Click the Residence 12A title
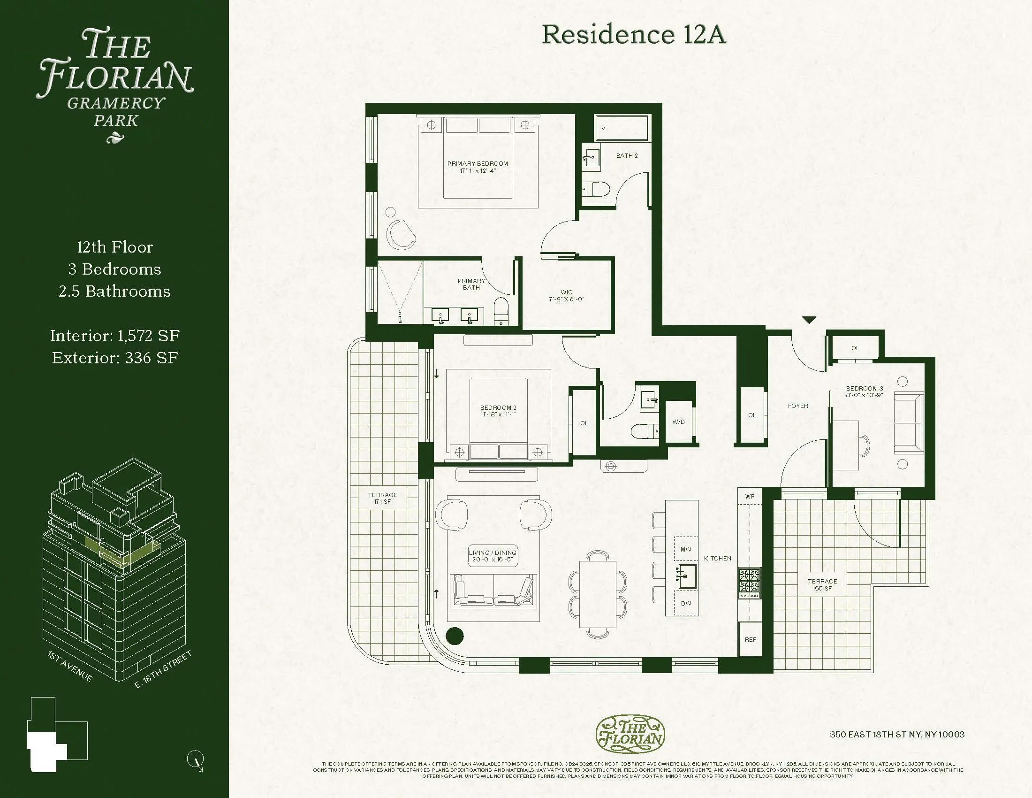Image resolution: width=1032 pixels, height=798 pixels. tap(633, 35)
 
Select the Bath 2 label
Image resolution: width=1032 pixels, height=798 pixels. tap(627, 155)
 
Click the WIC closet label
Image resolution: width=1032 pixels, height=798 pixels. tap(567, 295)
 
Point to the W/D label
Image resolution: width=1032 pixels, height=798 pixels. tap(679, 422)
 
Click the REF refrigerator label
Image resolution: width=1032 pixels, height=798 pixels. tap(751, 639)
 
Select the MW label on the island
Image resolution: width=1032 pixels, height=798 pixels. tap(686, 549)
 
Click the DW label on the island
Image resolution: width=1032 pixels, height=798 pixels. tap(686, 603)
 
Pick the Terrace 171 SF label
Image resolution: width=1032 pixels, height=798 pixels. tap(383, 498)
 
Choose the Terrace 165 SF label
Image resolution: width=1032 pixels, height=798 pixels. tap(822, 585)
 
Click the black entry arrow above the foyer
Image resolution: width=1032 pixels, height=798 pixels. tap(810, 320)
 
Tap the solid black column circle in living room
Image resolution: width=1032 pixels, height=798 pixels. tap(455, 636)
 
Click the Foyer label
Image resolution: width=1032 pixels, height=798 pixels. tap(798, 406)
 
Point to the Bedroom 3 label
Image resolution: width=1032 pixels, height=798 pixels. tap(864, 391)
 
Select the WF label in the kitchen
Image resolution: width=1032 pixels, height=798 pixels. tap(750, 496)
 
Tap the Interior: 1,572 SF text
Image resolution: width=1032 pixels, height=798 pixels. tap(115, 336)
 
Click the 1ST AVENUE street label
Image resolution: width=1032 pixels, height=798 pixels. tap(70, 667)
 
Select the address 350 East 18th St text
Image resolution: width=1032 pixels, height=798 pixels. tap(897, 734)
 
